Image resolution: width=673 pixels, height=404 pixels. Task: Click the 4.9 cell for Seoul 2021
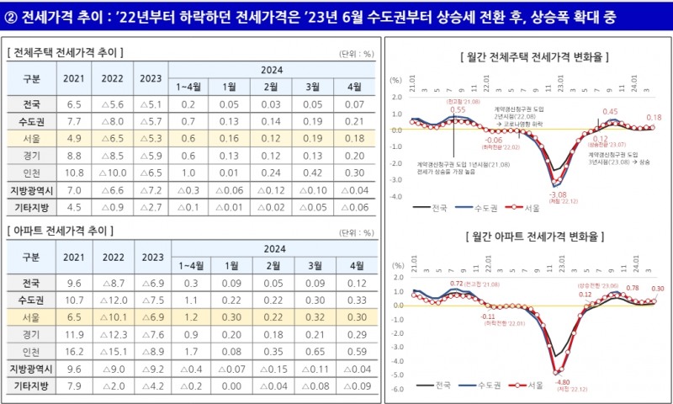(72, 138)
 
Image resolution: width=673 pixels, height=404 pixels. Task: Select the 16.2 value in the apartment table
(72, 351)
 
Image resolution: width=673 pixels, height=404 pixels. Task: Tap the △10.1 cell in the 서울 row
(112, 317)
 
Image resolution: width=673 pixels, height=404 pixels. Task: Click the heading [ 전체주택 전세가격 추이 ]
(66, 52)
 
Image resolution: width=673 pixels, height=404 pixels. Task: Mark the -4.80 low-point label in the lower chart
(561, 380)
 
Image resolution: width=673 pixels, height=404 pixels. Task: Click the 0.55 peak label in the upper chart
(458, 109)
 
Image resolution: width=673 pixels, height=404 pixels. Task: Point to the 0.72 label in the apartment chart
(458, 283)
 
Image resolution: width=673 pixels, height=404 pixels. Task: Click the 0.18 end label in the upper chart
(653, 118)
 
